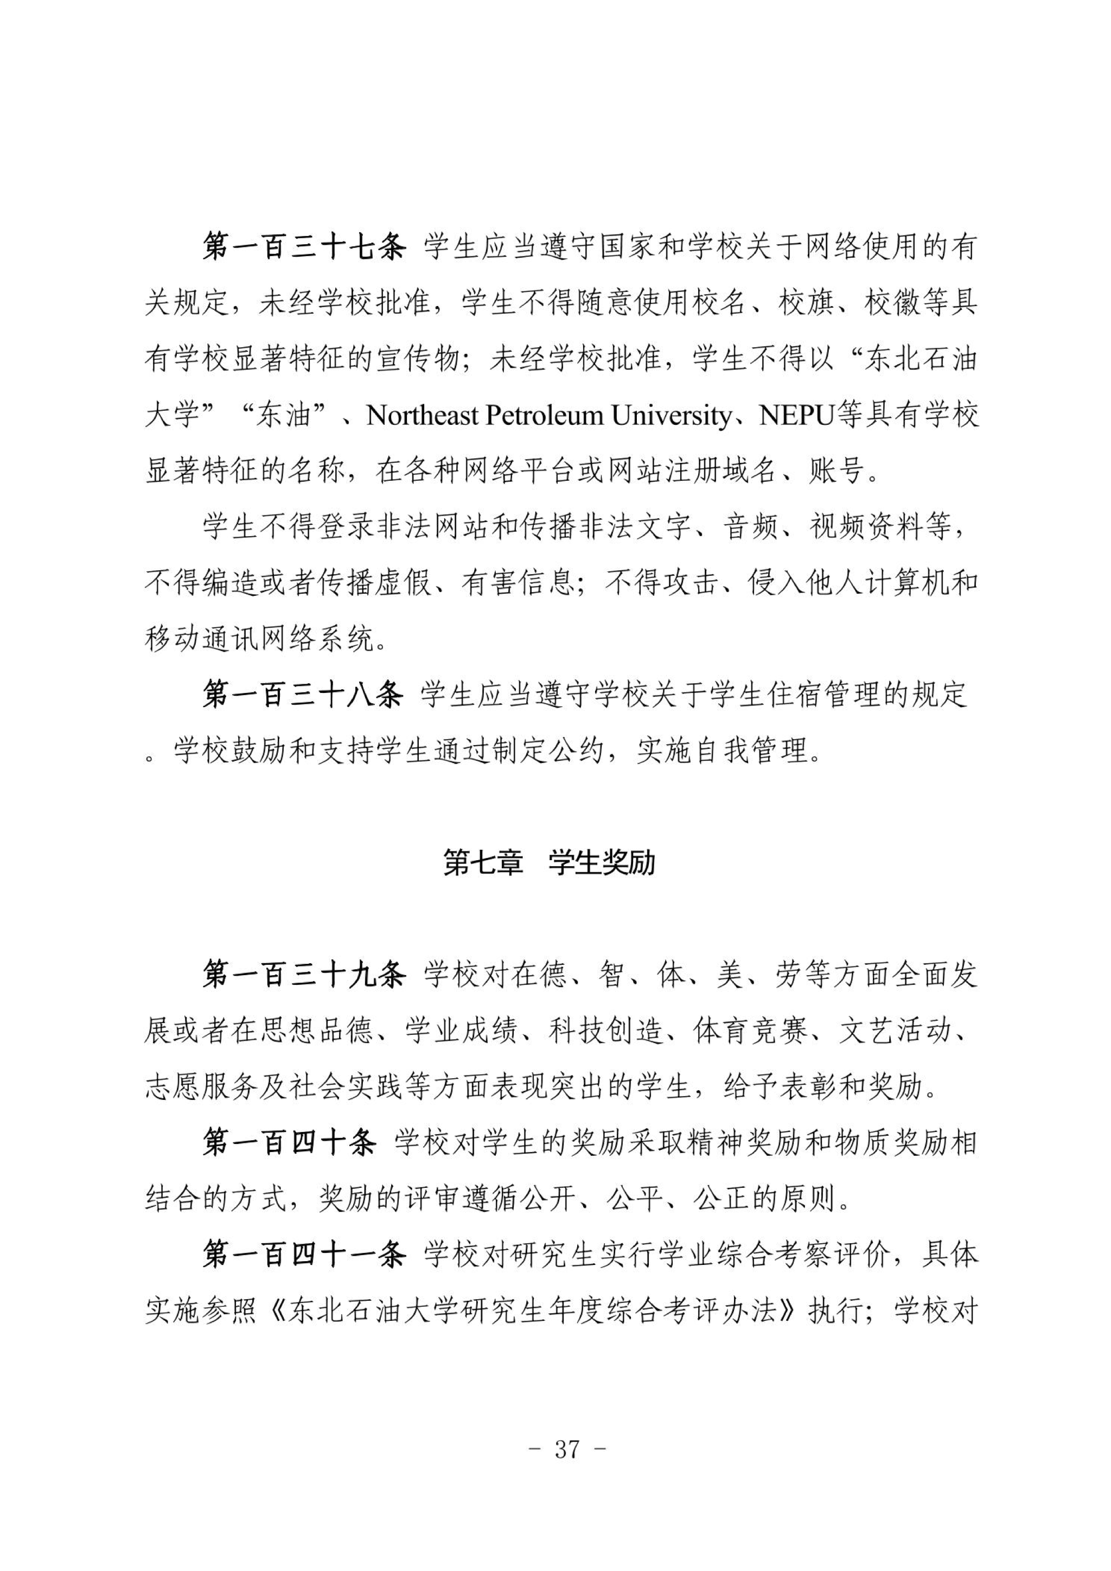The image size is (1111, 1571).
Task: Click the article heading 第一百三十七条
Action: [304, 247]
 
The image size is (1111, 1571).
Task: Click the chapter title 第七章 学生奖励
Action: [550, 863]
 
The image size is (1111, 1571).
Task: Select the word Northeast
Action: [422, 415]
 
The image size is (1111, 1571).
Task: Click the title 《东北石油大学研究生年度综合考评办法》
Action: [534, 1311]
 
